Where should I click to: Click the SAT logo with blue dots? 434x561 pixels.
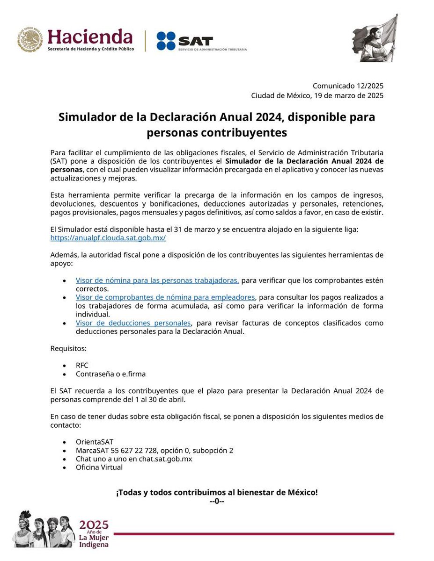pyautogui.click(x=184, y=41)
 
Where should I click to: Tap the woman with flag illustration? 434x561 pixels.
pyautogui.click(x=375, y=38)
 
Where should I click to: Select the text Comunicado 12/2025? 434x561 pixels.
pyautogui.click(x=348, y=86)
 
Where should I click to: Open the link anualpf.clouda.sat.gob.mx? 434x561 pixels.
pyautogui.click(x=108, y=237)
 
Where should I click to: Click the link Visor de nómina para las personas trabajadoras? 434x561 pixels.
pyautogui.click(x=157, y=280)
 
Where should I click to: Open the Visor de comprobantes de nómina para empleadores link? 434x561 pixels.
pyautogui.click(x=165, y=297)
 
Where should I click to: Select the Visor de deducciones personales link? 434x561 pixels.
pyautogui.click(x=133, y=323)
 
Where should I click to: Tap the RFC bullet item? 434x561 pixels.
pyautogui.click(x=82, y=365)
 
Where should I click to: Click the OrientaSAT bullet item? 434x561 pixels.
pyautogui.click(x=95, y=442)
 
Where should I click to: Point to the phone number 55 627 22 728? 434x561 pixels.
pyautogui.click(x=134, y=450)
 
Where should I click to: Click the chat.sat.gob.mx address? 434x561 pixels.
pyautogui.click(x=159, y=459)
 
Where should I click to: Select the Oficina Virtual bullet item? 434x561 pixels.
pyautogui.click(x=99, y=467)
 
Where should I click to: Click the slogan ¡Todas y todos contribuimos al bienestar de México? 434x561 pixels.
pyautogui.click(x=217, y=493)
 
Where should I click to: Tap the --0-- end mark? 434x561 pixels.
pyautogui.click(x=217, y=501)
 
